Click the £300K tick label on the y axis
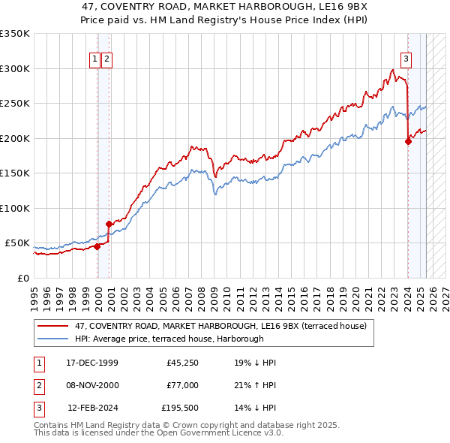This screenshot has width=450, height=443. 15,68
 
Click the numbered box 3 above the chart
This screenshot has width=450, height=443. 406,59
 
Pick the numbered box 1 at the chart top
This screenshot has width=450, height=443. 95,59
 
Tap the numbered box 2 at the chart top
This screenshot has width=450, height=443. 106,59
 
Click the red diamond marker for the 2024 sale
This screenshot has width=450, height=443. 408,141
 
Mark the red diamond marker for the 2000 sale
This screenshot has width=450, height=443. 109,224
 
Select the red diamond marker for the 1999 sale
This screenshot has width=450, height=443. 97,246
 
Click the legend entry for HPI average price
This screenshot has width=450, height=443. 169,339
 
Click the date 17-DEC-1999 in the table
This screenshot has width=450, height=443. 91,363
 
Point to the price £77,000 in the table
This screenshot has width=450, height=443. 181,385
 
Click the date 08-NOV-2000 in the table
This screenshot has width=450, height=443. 91,385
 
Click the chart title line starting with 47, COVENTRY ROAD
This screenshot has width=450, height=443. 224,8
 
